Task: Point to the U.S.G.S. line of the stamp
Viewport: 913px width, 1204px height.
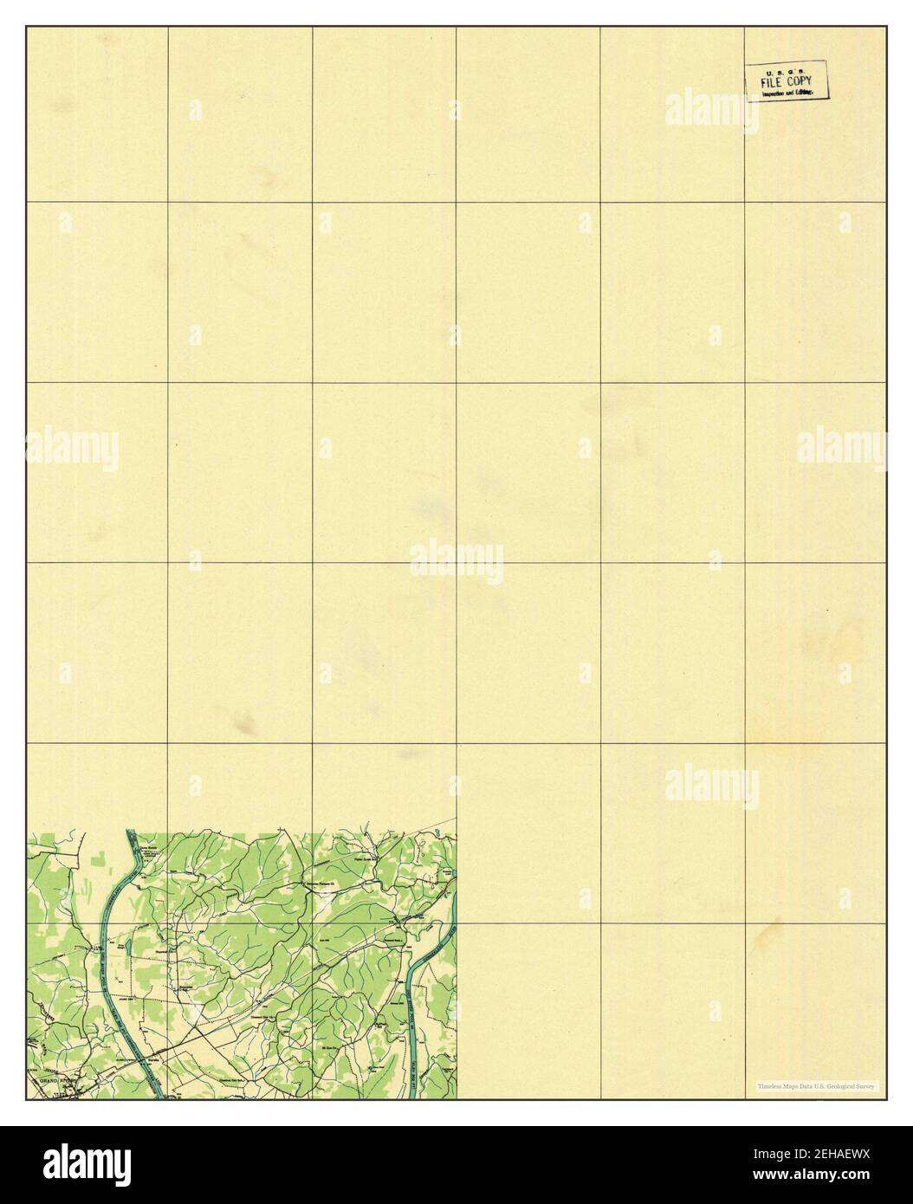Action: point(786,71)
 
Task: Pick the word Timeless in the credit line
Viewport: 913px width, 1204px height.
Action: point(768,1085)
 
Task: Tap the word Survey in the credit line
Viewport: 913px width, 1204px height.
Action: point(866,1085)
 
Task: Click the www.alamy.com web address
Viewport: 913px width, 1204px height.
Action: point(832,1178)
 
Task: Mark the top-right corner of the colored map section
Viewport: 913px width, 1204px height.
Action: point(456,833)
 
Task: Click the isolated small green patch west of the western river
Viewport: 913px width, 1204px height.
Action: point(99,858)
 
